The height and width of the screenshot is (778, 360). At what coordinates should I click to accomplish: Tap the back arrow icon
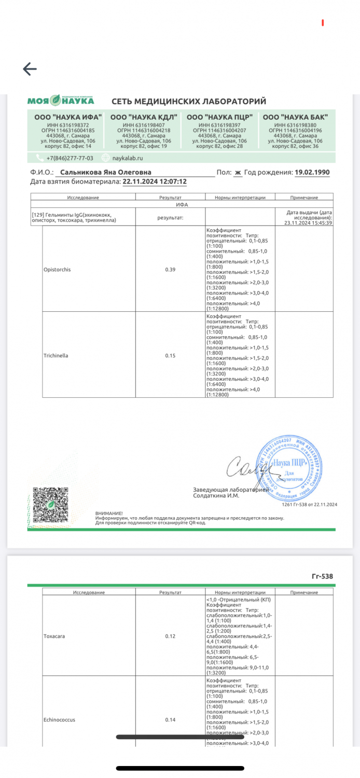(30, 69)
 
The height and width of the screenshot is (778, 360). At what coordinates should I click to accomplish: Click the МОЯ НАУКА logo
(61, 101)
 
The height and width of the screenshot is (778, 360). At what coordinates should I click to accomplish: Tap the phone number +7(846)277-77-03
(70, 158)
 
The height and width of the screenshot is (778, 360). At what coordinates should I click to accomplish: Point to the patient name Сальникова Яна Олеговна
(106, 173)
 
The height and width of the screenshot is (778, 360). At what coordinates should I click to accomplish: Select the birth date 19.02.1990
(312, 173)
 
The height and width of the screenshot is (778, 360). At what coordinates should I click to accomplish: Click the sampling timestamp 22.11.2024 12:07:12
(154, 182)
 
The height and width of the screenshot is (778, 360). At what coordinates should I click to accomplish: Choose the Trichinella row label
(56, 355)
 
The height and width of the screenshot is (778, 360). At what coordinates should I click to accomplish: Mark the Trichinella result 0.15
(170, 355)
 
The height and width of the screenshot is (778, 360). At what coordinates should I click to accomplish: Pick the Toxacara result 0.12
(170, 636)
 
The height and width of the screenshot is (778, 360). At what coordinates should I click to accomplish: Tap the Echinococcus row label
(59, 720)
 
